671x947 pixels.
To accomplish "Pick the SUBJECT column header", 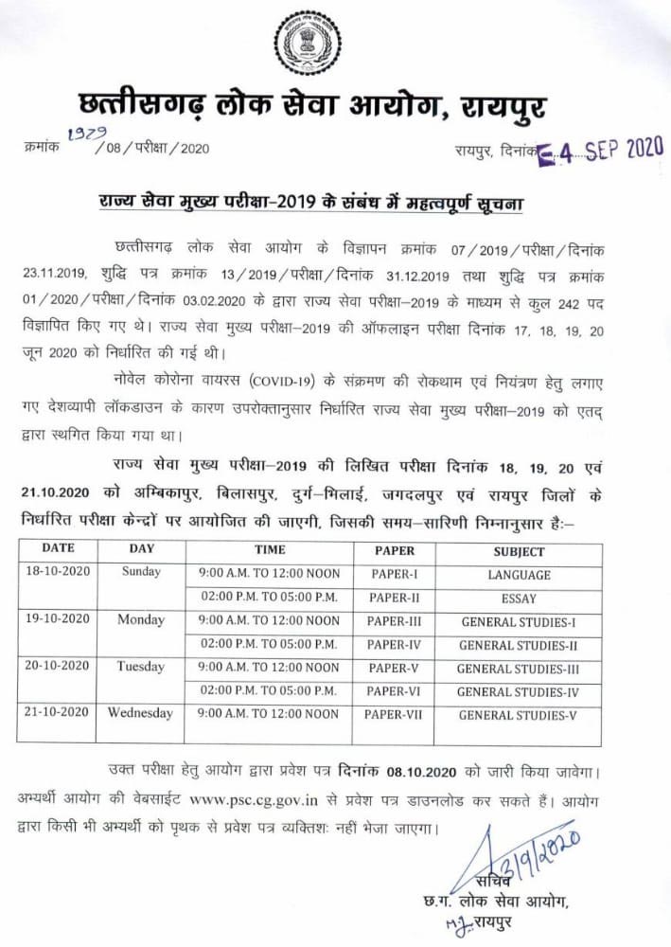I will click(519, 551).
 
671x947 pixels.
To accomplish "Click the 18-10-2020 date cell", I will click(57, 573).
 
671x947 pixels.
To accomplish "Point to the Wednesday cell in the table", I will click(140, 713).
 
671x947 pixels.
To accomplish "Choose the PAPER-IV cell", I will click(394, 645).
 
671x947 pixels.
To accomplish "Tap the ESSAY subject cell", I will click(519, 599).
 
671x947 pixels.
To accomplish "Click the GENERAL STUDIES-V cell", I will click(518, 715).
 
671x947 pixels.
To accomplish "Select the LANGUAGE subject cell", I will click(519, 575).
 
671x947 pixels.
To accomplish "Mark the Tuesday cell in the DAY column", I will click(140, 667).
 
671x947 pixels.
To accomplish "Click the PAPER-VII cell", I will click(394, 714).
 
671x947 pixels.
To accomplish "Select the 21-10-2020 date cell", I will click(57, 713).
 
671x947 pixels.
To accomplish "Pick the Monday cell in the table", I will click(140, 620).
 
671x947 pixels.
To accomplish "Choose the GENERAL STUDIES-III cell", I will click(518, 669).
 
